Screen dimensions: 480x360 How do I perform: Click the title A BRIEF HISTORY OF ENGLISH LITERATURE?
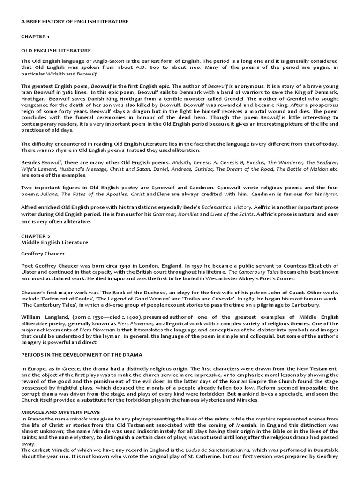tap(75, 22)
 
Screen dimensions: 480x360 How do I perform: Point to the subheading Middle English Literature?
tap(55, 242)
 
